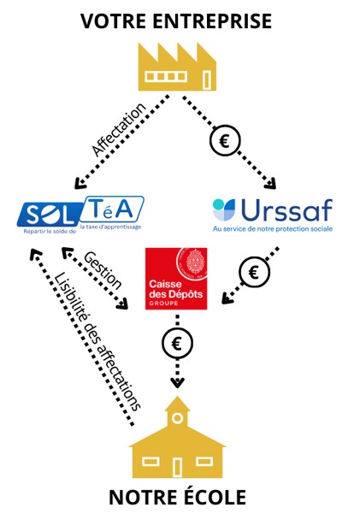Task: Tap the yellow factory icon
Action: (x=177, y=67)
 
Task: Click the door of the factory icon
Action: (x=206, y=80)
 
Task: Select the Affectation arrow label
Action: (x=118, y=129)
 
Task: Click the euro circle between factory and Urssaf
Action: (x=225, y=140)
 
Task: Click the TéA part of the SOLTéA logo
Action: (x=112, y=209)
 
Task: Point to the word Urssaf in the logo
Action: (x=286, y=209)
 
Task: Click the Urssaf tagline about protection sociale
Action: (x=273, y=228)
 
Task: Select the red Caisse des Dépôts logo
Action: (x=176, y=279)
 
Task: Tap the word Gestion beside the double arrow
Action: (x=103, y=270)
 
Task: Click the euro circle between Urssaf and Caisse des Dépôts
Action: (x=254, y=272)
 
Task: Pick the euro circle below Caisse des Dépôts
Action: (x=177, y=343)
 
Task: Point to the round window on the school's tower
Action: (x=177, y=418)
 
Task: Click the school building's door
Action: (x=177, y=467)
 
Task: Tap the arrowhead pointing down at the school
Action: (x=177, y=383)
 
